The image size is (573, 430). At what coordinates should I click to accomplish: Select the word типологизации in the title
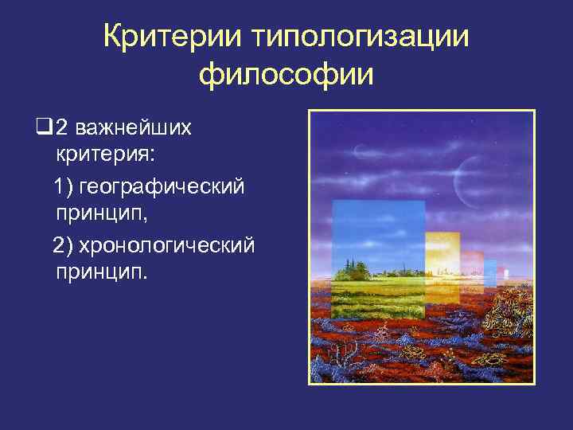pyautogui.click(x=360, y=37)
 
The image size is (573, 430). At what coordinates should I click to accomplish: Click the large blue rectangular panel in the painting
pyautogui.click(x=378, y=231)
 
